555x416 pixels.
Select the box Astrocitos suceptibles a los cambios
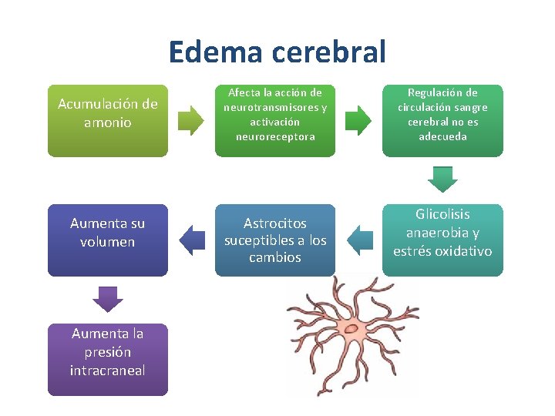(275, 240)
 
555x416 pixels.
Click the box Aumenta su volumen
(107, 240)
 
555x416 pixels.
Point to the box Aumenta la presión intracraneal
(107, 359)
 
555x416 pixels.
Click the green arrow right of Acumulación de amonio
(191, 120)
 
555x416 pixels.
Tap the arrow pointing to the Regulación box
(358, 120)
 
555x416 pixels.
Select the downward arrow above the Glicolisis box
(442, 179)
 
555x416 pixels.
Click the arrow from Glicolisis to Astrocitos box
(358, 240)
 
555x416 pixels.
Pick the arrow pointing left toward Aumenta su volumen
(191, 240)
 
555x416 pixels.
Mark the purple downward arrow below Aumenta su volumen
(107, 299)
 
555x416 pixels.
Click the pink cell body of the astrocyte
(353, 329)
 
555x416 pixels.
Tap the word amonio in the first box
(107, 122)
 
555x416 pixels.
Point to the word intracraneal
(107, 371)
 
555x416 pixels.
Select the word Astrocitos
(275, 223)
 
